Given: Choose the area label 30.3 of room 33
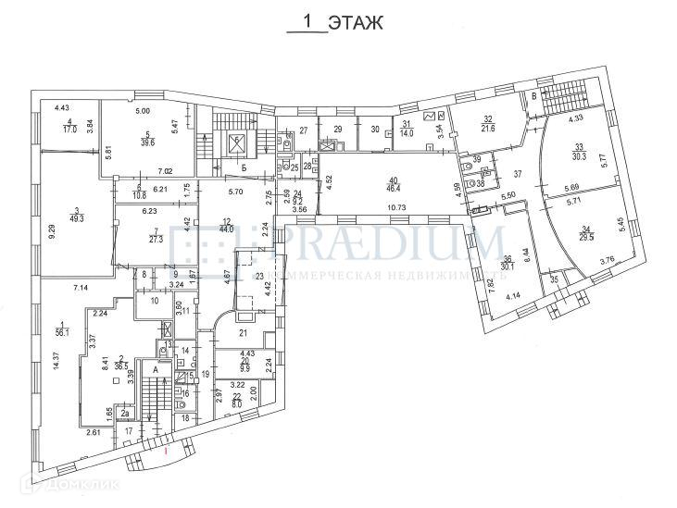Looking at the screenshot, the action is point(580,156).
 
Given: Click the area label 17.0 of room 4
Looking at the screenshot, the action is point(69,130).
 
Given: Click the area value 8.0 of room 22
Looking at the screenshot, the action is point(235,403).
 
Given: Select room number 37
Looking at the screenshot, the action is point(519,173).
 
